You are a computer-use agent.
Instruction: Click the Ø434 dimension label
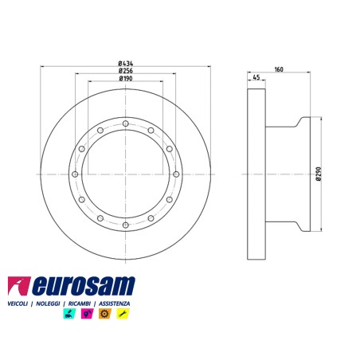pos(126,64)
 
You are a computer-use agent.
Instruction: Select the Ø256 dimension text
pos(126,71)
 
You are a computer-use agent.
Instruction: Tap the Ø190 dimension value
pos(126,79)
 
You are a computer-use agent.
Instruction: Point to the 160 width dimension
pos(279,69)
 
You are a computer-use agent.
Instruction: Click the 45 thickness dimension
pos(256,77)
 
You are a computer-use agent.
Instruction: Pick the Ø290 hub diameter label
pos(319,174)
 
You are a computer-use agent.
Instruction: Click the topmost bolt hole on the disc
pos(126,123)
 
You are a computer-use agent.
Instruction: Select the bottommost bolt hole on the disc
pos(126,225)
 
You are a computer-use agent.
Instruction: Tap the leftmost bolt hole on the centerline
pos(75,174)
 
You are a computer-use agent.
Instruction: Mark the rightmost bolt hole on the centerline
pos(176,174)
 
